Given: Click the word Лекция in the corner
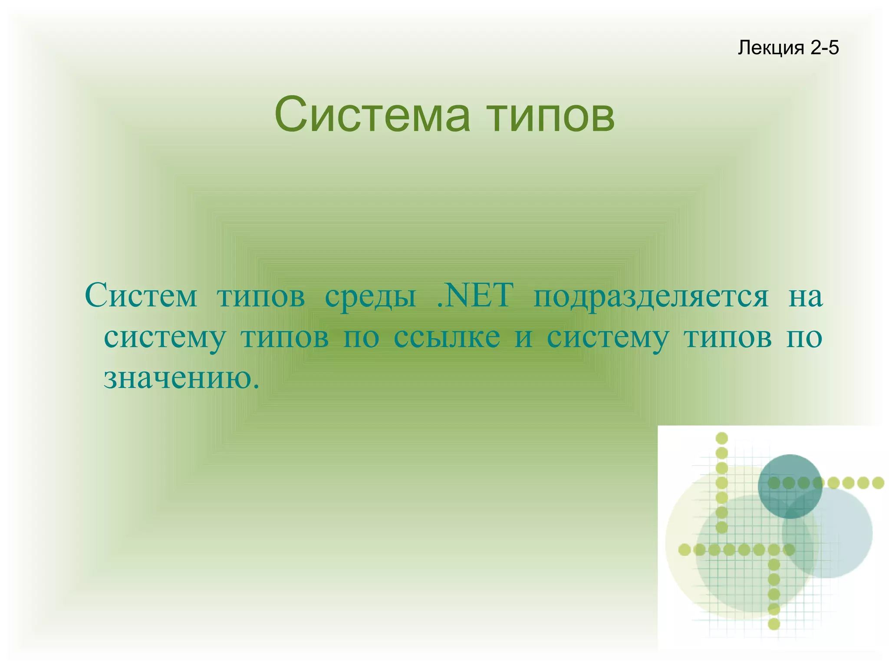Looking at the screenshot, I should point(770,48).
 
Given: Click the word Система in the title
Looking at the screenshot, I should point(372,115).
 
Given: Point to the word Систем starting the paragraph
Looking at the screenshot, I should point(141,295).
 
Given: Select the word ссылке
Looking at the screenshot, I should point(447,337).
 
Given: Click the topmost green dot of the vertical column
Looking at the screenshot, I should point(721,438).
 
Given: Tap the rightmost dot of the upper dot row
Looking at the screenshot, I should point(878,482).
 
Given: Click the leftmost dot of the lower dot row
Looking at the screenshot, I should point(685,550).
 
